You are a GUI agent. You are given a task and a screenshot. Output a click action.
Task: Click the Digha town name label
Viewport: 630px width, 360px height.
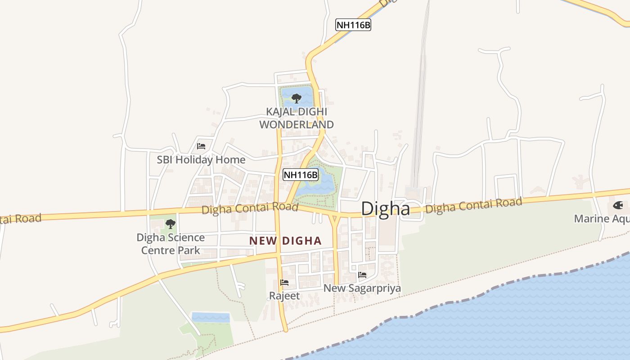386,209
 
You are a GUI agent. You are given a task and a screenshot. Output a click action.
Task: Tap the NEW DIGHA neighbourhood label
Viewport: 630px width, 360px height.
285,241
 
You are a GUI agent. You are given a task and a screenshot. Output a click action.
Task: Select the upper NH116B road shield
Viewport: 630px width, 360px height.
353,25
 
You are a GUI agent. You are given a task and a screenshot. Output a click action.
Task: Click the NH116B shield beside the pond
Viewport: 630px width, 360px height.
301,175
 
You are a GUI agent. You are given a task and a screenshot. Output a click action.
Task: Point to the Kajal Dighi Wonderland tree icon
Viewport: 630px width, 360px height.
296,98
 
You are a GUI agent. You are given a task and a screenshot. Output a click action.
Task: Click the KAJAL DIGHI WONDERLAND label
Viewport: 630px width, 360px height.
297,118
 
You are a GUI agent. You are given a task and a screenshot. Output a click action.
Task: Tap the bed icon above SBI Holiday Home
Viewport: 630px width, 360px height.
201,146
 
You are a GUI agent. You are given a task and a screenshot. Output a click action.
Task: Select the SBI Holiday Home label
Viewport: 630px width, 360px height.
201,160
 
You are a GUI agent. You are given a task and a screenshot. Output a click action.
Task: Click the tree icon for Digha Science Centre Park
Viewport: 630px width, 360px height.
170,224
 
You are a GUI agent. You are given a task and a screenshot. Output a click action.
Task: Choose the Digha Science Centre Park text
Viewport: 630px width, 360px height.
171,243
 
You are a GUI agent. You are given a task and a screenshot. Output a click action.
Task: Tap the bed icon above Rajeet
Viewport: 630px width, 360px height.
284,283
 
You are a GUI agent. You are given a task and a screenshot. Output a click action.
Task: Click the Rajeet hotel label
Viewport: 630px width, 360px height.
284,296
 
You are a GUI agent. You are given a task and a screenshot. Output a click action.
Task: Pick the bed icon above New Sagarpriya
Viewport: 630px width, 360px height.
362,275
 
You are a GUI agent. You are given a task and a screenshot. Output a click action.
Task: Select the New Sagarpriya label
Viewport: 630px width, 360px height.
362,288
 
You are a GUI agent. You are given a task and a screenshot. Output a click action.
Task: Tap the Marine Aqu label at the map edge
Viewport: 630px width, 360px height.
601,219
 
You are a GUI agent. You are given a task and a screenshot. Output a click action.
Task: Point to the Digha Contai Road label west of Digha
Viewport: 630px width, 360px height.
250,208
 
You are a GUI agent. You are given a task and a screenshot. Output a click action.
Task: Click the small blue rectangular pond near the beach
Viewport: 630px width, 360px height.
211,317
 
